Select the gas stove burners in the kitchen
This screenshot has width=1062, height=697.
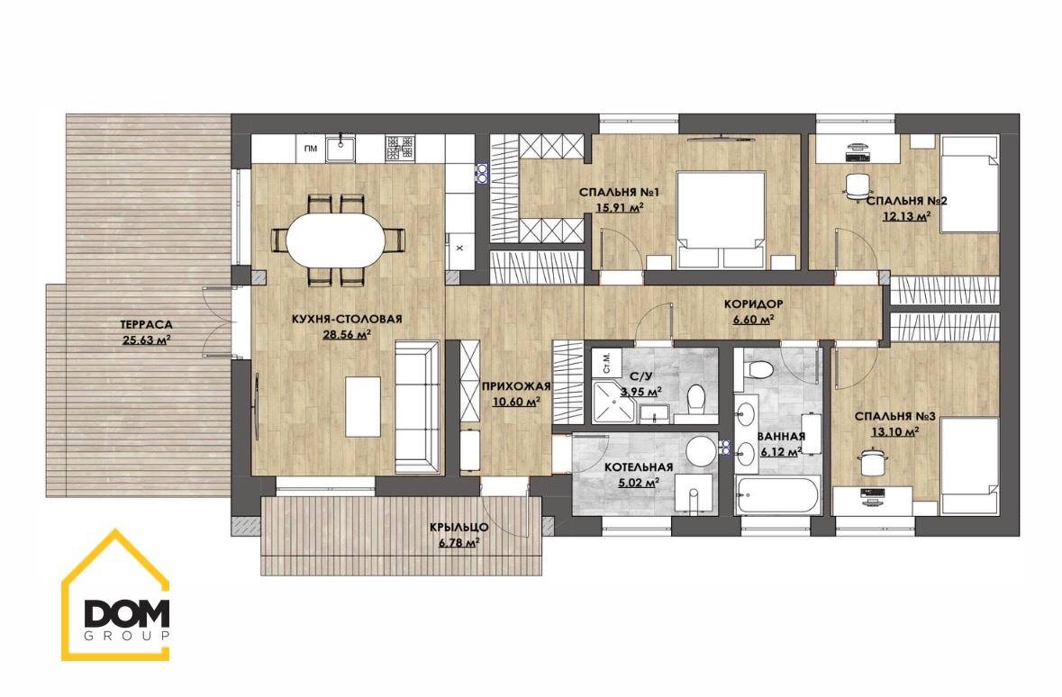click(x=399, y=149)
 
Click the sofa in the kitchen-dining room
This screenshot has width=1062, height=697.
click(x=416, y=406)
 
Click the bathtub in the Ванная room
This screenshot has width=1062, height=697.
click(x=778, y=495)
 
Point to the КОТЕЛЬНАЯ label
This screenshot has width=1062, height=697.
click(x=639, y=467)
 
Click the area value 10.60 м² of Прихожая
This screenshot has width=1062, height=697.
click(x=516, y=402)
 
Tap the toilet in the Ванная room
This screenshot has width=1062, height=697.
click(x=762, y=370)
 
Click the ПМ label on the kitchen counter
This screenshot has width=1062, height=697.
click(x=311, y=149)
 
